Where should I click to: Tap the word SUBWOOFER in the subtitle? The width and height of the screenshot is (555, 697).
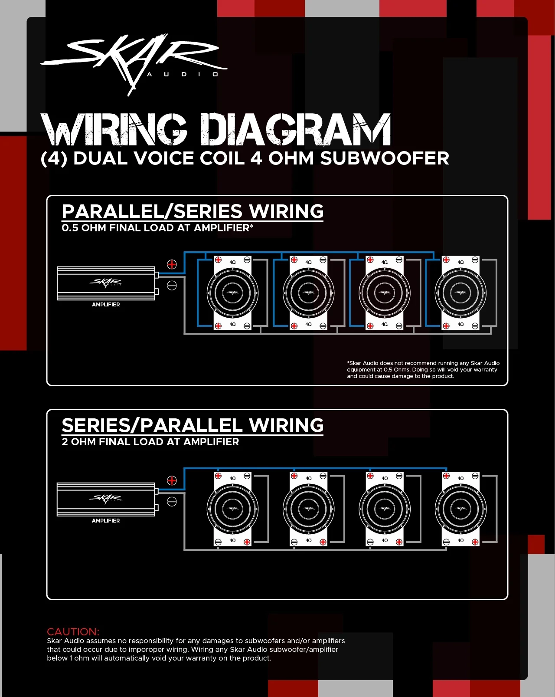pos(385,158)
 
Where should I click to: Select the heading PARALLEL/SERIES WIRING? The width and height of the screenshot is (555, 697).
pos(193,212)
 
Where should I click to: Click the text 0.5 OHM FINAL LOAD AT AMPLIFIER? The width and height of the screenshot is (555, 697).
pos(157,228)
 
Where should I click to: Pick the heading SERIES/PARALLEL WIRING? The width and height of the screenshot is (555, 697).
pos(193,426)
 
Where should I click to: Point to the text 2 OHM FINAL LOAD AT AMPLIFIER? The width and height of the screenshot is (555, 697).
pos(150,442)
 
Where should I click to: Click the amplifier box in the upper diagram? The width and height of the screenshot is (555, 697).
pos(106,283)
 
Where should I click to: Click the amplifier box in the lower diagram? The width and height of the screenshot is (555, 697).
pos(106,499)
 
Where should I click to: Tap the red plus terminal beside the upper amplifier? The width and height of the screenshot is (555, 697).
pos(172,264)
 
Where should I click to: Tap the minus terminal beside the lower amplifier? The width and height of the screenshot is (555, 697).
pos(172,502)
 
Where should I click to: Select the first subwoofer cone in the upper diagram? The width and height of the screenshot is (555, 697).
pos(232,293)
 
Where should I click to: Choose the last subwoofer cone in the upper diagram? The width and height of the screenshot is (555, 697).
pos(460,293)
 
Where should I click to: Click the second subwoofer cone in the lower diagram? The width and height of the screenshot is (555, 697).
pos(309,509)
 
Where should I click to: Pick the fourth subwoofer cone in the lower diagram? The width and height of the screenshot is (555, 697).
pos(460,509)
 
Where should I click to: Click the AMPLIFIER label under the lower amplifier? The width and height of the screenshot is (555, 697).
pos(106,521)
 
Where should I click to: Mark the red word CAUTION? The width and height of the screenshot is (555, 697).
pos(73,631)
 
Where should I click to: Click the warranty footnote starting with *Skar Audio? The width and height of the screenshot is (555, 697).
pos(423,370)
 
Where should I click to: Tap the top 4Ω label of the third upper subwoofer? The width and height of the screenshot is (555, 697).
pos(385,262)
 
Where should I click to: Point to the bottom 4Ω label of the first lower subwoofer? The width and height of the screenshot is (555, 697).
pos(232,541)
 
